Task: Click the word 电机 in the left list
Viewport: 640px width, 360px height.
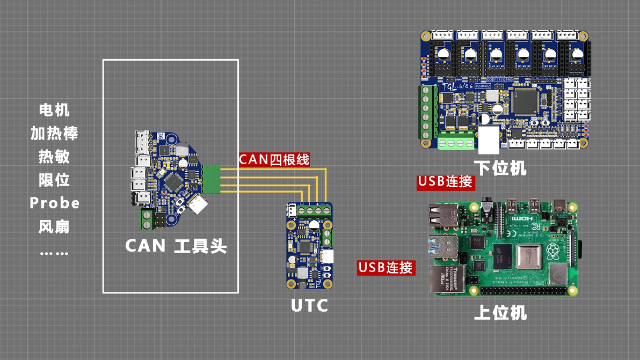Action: click(x=54, y=110)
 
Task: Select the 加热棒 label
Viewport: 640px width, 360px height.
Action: click(x=54, y=133)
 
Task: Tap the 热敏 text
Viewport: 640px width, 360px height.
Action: click(x=54, y=157)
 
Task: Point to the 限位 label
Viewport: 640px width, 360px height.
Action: click(x=54, y=180)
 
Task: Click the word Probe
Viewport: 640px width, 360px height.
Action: click(x=54, y=203)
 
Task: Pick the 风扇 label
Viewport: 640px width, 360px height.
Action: click(x=54, y=226)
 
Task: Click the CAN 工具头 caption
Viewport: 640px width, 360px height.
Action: click(x=176, y=246)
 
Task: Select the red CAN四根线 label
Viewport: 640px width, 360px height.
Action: click(x=274, y=159)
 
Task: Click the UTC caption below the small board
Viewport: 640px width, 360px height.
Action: click(x=309, y=306)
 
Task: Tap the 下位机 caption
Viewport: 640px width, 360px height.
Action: click(x=500, y=168)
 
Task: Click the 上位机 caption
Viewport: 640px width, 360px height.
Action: click(x=500, y=313)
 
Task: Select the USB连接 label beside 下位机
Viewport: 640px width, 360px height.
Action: click(x=445, y=182)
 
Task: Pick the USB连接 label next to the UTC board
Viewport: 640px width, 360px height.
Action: click(x=386, y=267)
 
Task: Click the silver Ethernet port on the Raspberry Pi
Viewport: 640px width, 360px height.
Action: click(x=443, y=280)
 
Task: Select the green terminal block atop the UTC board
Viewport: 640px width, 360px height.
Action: click(x=310, y=210)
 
